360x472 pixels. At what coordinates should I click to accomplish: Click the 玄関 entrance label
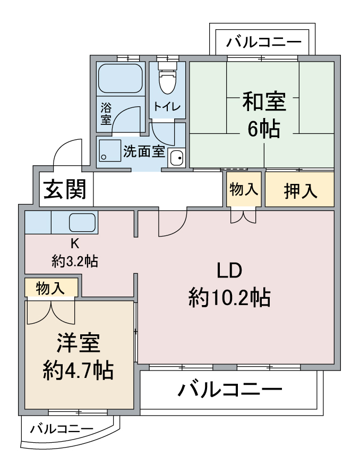pos(65,189)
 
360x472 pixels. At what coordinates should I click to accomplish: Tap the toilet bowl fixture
pos(167,79)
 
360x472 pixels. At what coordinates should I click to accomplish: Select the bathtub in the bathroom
pos(121,78)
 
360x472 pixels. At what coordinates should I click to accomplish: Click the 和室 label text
pos(264,102)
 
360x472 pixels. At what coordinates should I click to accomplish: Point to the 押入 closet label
pos(301,190)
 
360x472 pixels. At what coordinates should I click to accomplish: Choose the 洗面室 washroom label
pos(144,151)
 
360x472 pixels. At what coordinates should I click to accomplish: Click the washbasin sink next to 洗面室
pos(177,158)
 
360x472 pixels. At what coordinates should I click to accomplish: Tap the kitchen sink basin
pos(82,223)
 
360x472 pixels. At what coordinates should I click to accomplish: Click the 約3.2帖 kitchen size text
pos(75,261)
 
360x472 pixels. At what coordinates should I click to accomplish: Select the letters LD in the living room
pos(229,271)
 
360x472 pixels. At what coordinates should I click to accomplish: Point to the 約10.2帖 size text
pos(229,297)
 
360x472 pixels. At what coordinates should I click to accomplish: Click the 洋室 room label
pos(79,343)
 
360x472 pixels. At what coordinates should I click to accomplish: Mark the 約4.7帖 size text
pos(78,370)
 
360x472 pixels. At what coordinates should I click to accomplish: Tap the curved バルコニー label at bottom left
pos(62,428)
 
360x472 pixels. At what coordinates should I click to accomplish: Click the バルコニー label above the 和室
pos(263,42)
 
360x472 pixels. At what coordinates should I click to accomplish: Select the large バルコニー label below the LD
pos(230,389)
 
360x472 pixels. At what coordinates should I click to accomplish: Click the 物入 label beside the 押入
pos(244,189)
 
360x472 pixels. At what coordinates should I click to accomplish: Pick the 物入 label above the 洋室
pos(50,288)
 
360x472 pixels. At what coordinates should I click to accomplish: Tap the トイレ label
pos(167,106)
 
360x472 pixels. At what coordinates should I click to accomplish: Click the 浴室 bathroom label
pos(106,114)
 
